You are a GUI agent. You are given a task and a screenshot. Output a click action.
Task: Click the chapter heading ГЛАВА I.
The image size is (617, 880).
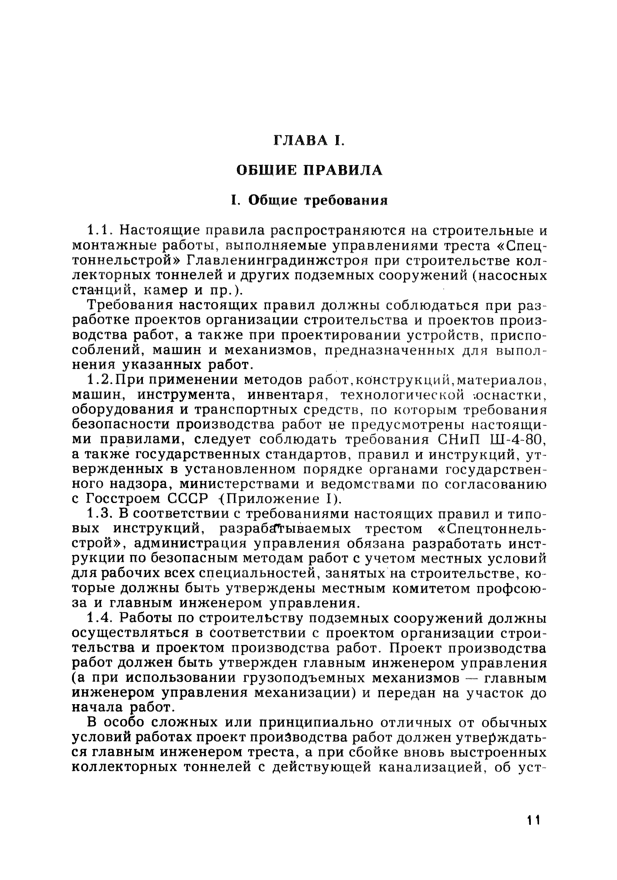coord(309,140)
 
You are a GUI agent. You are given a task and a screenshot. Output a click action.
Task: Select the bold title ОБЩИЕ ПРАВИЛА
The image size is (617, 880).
coord(309,170)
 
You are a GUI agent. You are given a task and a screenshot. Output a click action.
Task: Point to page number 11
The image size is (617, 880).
coord(533,831)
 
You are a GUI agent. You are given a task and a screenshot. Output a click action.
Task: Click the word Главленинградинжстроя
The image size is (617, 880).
coord(278,261)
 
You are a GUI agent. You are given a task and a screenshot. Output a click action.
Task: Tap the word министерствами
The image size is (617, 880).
coord(240,484)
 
